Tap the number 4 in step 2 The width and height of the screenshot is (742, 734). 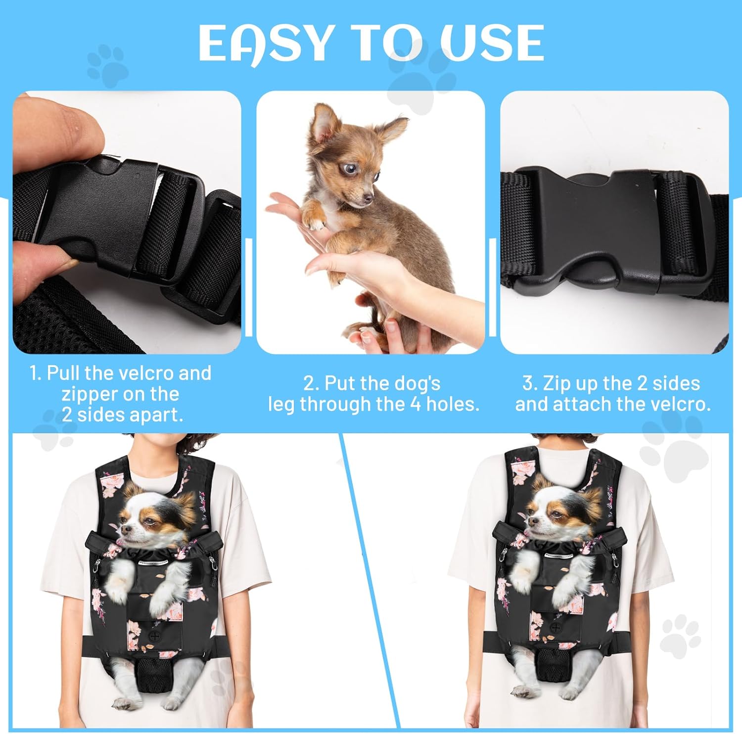416,404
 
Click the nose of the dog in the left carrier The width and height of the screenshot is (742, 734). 123,530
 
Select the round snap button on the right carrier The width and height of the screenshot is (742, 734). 556,628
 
